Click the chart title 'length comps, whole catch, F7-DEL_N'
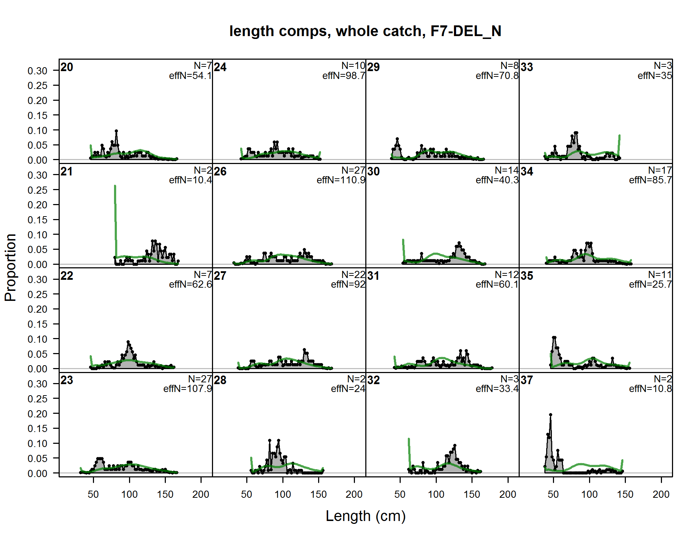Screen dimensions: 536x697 (x=365, y=31)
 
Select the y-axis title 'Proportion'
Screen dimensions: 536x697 (x=10, y=267)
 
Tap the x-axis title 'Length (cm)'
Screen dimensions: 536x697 (x=365, y=516)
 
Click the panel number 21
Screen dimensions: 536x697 (x=66, y=172)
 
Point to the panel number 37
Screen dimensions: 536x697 (x=527, y=380)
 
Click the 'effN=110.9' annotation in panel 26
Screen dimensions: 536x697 (x=341, y=180)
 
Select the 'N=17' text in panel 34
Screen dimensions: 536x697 (x=660, y=170)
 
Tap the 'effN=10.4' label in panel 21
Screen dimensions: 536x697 (x=190, y=180)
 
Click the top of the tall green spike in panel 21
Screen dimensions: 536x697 (x=115, y=186)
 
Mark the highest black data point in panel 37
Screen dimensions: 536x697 (x=550, y=415)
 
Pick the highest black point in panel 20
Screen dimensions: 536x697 (x=116, y=131)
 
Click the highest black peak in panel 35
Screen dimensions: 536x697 (x=554, y=338)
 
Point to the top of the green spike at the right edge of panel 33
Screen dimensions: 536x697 (x=619, y=136)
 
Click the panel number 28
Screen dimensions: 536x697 (x=220, y=380)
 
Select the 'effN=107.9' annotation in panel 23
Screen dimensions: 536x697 (x=187, y=388)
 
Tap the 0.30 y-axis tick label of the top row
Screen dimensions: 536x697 (x=37, y=71)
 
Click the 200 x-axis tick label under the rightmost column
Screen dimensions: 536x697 (x=661, y=494)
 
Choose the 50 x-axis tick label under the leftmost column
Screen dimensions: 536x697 (x=93, y=494)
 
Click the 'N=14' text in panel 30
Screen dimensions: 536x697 (x=506, y=170)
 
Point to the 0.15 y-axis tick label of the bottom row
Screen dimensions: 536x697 (x=37, y=428)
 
